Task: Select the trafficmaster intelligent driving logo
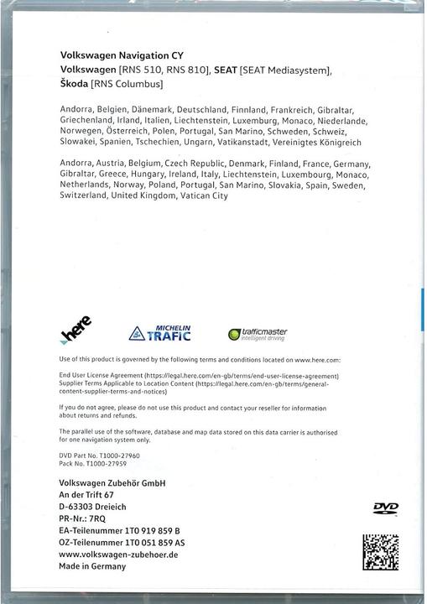[258, 334]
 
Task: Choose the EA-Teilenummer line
[120, 532]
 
